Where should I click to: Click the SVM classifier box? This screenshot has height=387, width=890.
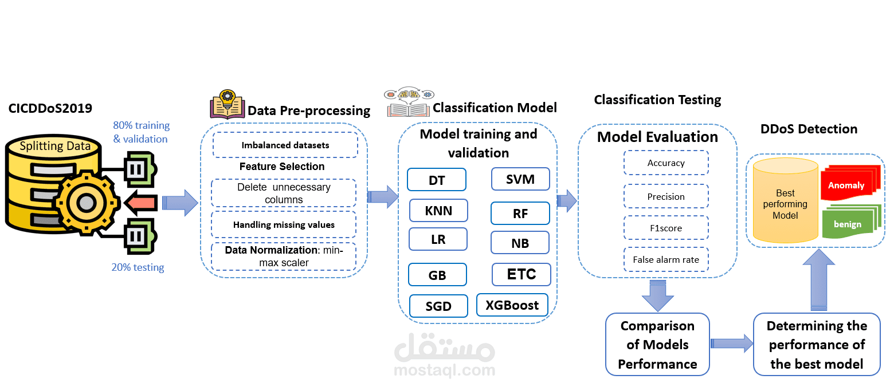coord(520,179)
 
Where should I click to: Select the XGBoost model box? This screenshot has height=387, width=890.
coord(512,305)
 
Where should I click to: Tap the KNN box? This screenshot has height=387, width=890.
coord(438,211)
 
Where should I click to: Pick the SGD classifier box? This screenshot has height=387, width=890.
coord(438,306)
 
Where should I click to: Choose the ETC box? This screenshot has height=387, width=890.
coord(521,274)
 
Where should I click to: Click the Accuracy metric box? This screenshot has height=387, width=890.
coord(666,163)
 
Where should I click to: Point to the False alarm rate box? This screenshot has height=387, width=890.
coord(666,260)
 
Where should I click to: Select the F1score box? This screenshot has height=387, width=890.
coord(666,228)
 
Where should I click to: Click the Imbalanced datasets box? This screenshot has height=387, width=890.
coord(285,145)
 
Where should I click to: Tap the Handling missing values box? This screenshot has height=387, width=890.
coord(284,225)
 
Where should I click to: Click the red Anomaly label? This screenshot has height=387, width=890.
coord(846,185)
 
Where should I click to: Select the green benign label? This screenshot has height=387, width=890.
coord(848,224)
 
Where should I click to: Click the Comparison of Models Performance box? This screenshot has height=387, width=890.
coord(657,345)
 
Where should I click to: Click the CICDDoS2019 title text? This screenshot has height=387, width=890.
coord(50,108)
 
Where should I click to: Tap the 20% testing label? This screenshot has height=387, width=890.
coord(138,267)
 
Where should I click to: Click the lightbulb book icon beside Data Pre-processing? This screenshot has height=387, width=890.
coord(227,104)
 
